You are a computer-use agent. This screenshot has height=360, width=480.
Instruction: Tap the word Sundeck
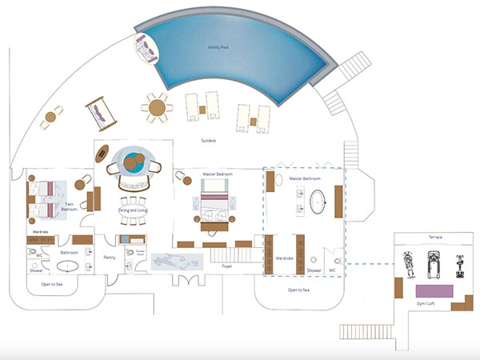[x=210, y=140]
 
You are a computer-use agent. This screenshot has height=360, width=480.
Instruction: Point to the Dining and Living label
[x=133, y=210]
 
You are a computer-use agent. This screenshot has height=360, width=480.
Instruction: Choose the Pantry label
[x=110, y=257]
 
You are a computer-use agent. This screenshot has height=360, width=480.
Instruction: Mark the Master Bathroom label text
[x=305, y=178]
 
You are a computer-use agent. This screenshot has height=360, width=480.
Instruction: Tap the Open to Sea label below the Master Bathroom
[x=299, y=290]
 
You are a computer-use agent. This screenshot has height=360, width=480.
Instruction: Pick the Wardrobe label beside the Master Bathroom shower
[x=285, y=258]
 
